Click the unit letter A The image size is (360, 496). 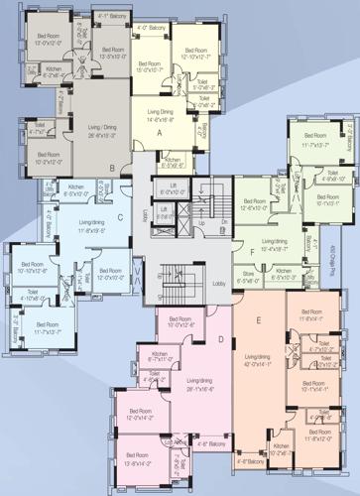pyautogui.click(x=159, y=132)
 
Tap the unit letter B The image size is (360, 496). pyautogui.click(x=113, y=169)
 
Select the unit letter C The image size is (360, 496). pyautogui.click(x=119, y=216)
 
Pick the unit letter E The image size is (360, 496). pyautogui.click(x=258, y=319)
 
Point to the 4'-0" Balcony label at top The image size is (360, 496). pyautogui.click(x=150, y=29)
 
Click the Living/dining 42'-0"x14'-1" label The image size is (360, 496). pyautogui.click(x=257, y=360)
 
